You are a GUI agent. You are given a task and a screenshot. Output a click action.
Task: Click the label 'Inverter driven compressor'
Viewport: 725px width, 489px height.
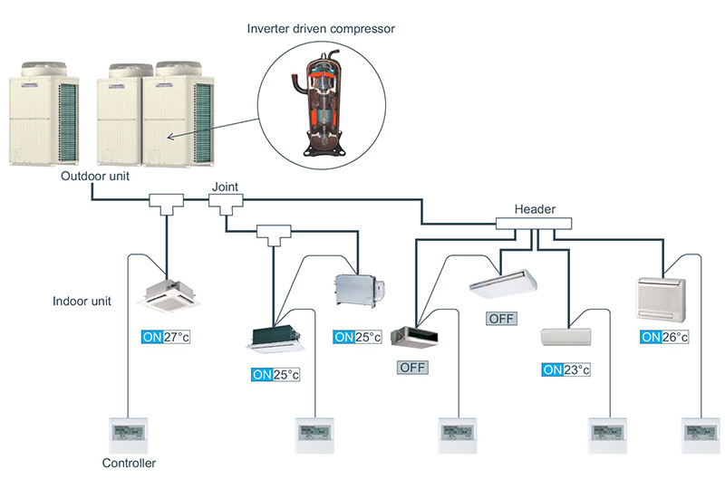coord(323,28)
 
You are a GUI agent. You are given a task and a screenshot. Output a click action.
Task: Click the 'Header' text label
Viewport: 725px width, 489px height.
coord(535,209)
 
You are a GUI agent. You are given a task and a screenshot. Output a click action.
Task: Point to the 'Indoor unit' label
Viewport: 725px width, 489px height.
coord(82,301)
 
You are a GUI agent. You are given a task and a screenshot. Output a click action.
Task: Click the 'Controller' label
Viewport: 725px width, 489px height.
coord(130,463)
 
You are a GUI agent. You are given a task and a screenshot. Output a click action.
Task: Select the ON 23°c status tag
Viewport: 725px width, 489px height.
coord(566,369)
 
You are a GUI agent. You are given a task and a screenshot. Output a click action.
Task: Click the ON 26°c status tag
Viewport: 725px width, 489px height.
coord(664,337)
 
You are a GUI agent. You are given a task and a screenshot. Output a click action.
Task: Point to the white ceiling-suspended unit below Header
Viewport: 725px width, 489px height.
coord(503,283)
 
